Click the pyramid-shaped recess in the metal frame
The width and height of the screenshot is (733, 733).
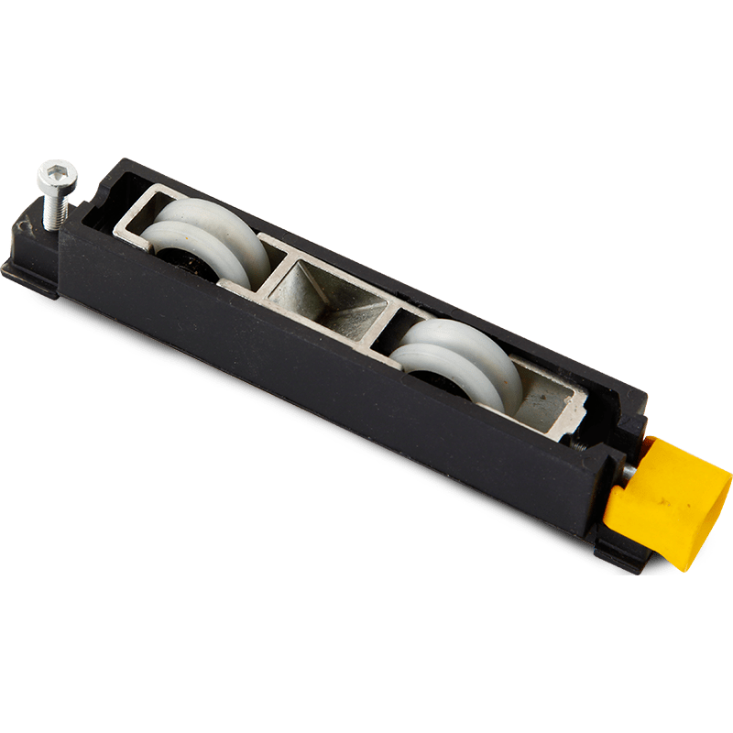[335, 298]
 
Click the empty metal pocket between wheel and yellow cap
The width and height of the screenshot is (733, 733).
[545, 394]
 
